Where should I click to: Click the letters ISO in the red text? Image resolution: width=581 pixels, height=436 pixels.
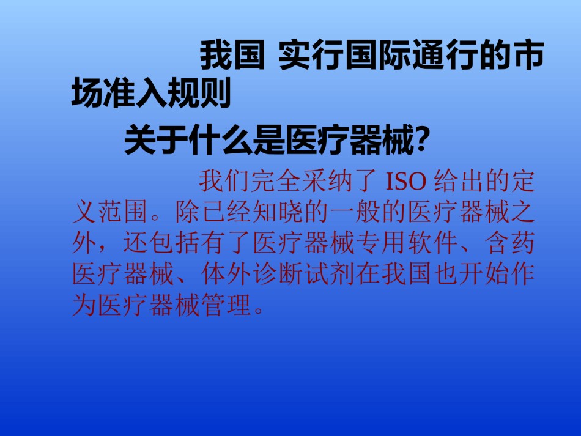pos(405,182)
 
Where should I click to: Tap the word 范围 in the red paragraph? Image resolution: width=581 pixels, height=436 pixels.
pos(123,212)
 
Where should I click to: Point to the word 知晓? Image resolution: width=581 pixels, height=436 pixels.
pos(278,212)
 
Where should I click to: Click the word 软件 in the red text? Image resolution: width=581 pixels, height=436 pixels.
pos(432,243)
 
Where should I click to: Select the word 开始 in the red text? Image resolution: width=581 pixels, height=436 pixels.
pos(484,274)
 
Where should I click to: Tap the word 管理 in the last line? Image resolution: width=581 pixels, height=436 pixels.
pos(226,305)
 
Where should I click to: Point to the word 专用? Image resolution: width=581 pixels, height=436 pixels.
pos(381,243)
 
